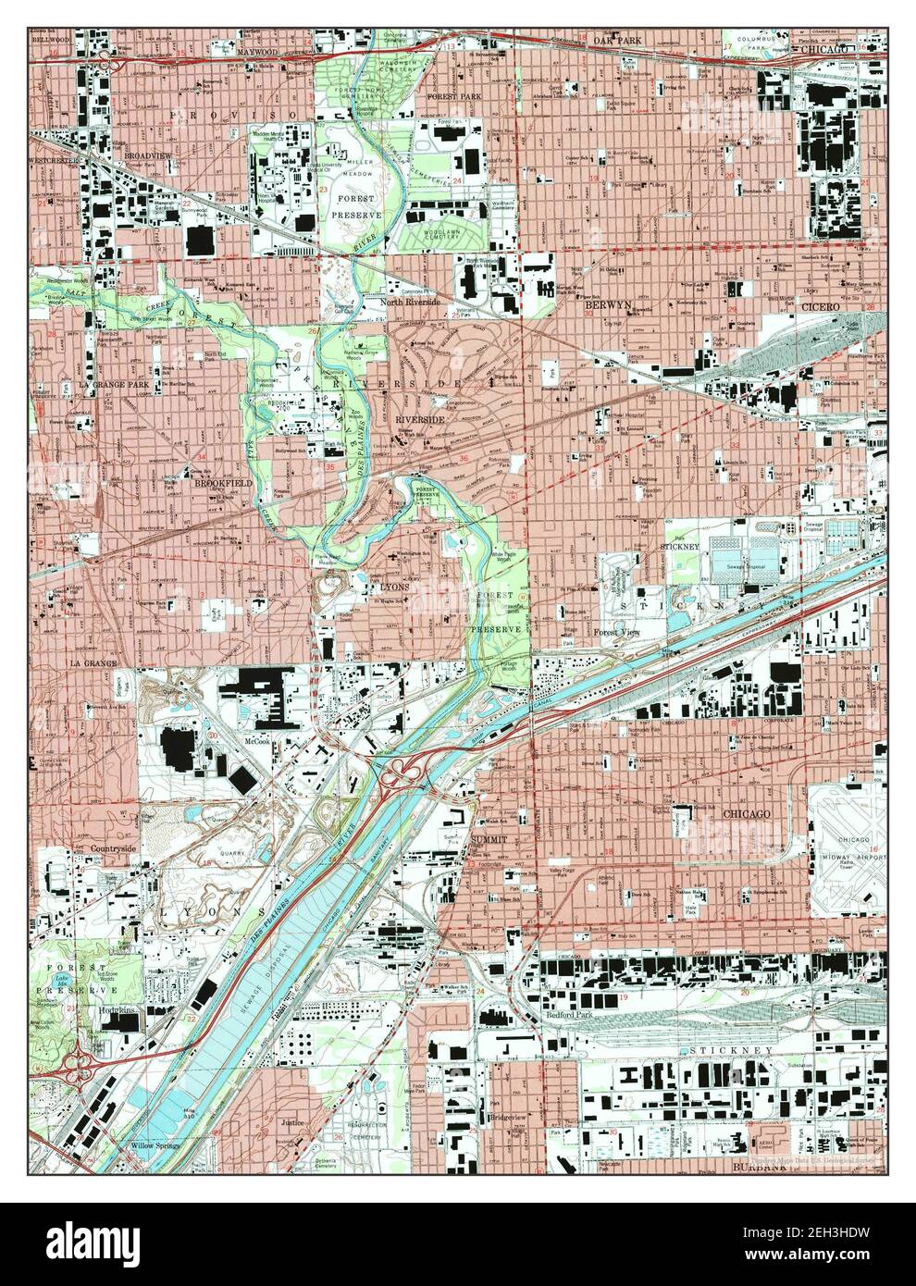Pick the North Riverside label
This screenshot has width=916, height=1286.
click(414, 302)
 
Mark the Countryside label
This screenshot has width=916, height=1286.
click(115, 847)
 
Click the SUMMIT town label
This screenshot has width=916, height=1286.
click(490, 838)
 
